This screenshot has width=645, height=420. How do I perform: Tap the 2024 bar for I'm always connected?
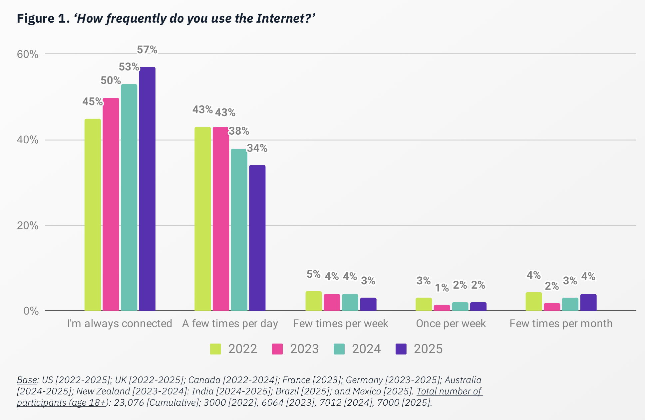[129, 198]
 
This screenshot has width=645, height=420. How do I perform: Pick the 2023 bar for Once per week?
[442, 308]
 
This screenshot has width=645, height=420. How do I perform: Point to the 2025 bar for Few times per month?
[588, 302]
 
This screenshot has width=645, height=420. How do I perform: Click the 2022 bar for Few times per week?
[314, 301]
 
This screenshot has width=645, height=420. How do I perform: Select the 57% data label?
[147, 50]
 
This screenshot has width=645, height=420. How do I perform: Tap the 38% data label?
[239, 131]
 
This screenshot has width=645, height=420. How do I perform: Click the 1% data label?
[442, 288]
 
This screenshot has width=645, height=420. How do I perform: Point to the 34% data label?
[257, 148]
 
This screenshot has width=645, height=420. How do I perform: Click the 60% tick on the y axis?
[28, 54]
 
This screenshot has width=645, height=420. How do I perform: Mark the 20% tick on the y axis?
[28, 226]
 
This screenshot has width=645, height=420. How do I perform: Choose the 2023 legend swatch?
[277, 349]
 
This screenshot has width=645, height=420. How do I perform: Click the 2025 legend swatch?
[401, 349]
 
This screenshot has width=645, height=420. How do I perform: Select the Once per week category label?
[451, 324]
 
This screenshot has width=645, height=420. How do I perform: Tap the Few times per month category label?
[561, 324]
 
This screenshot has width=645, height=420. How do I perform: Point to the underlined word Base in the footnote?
[27, 380]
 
